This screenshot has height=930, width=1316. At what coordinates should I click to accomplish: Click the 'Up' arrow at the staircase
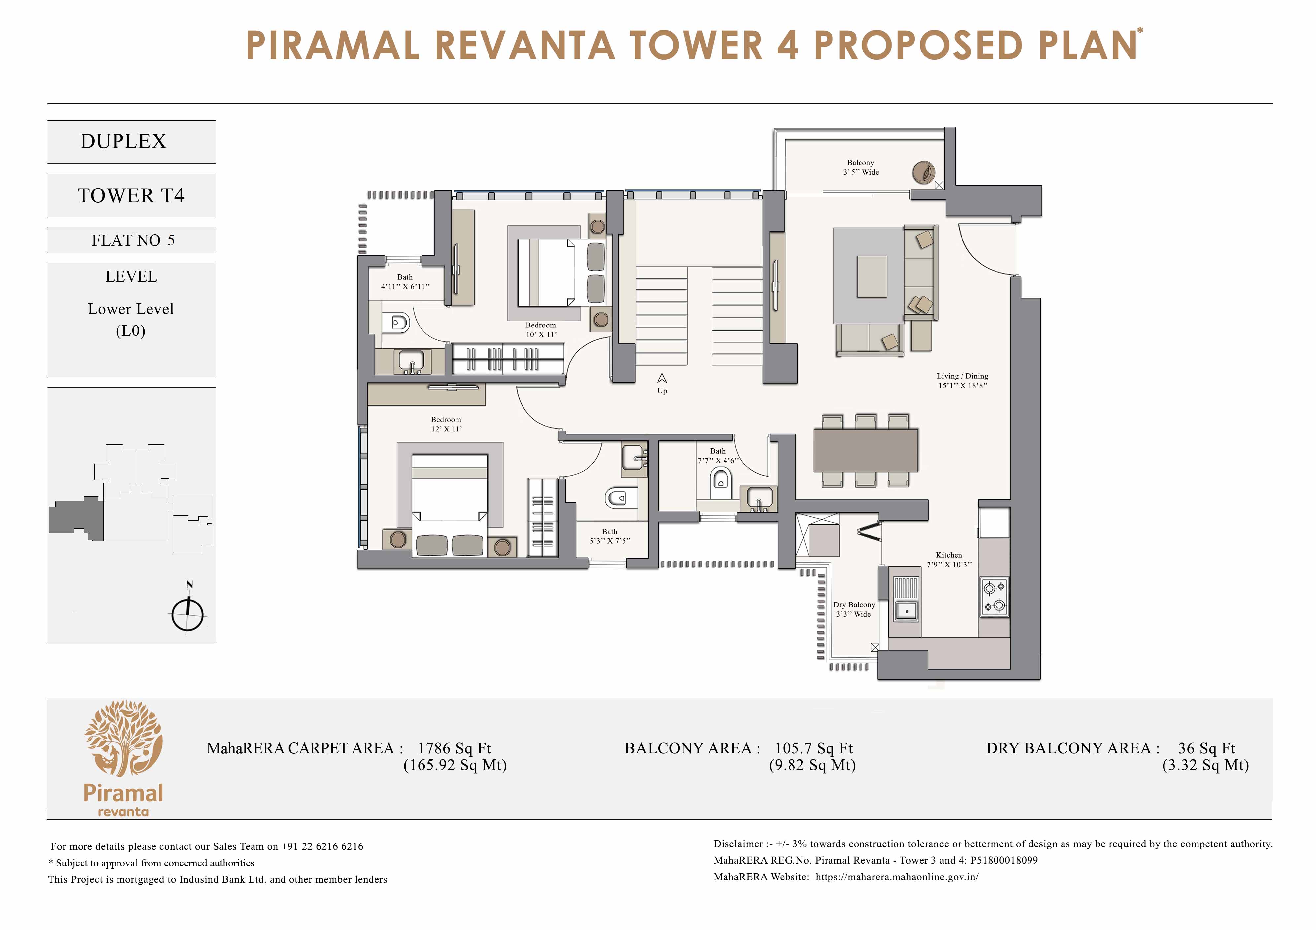[662, 378]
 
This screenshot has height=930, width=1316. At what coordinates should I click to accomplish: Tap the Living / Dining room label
[962, 376]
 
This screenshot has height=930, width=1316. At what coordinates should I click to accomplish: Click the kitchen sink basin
[906, 610]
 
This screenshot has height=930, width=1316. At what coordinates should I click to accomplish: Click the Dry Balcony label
[854, 605]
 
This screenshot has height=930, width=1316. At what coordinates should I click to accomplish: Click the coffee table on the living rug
[872, 276]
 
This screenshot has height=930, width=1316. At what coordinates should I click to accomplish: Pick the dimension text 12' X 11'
[447, 429]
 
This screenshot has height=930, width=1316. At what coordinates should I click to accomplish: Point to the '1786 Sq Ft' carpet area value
[454, 748]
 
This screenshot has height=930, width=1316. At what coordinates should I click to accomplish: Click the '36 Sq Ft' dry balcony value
[1206, 748]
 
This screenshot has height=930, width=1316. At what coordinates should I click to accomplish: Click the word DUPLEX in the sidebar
[123, 141]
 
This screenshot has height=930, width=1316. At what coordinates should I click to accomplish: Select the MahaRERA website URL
[896, 877]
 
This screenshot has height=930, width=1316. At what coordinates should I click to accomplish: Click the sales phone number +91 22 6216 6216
[322, 846]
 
